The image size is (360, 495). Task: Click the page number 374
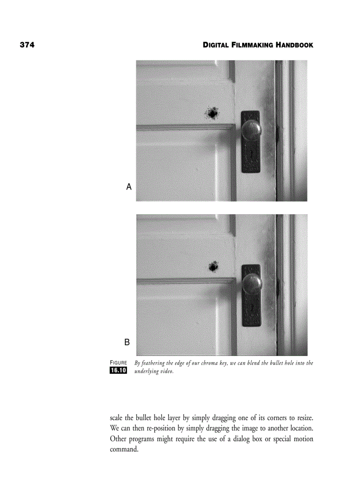27,45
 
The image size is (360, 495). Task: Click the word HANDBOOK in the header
295,45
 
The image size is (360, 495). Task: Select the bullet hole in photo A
213,114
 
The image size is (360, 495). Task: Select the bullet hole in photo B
214,266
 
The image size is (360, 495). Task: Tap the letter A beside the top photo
129,187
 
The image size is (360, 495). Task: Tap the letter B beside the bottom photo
127,342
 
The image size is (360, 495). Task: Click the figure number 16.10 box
118,370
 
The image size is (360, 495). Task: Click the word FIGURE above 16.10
118,363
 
